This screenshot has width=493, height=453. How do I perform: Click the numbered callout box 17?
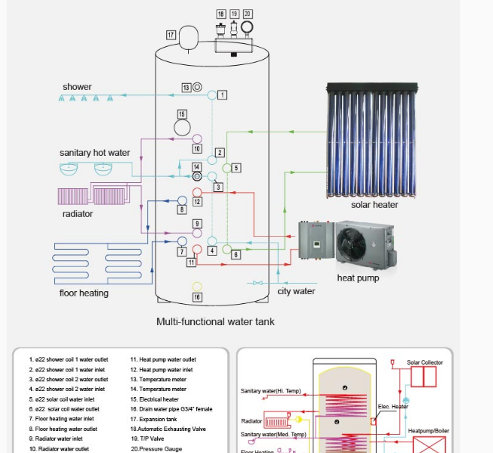tap(171, 35)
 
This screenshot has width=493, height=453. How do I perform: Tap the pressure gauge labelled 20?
tap(248, 28)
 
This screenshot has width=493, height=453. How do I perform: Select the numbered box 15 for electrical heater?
tap(182, 113)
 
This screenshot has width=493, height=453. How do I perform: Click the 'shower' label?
tap(77, 87)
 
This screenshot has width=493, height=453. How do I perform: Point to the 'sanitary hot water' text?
tap(94, 153)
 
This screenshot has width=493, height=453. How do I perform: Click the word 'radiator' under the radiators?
tap(78, 214)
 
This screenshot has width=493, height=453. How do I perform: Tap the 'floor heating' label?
tap(84, 293)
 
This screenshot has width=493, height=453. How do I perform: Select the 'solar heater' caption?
tap(374, 205)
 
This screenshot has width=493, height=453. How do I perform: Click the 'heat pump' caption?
tap(357, 278)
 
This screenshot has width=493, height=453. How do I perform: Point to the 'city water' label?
tap(296, 291)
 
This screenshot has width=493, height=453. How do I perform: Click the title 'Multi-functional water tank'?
tap(215, 321)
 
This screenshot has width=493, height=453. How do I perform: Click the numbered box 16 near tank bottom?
tap(197, 297)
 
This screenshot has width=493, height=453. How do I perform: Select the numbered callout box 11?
tap(192, 262)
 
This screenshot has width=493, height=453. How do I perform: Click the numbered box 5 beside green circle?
tap(236, 168)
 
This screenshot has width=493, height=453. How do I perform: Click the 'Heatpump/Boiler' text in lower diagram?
tap(428, 431)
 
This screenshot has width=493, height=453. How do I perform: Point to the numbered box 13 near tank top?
tap(186, 88)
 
